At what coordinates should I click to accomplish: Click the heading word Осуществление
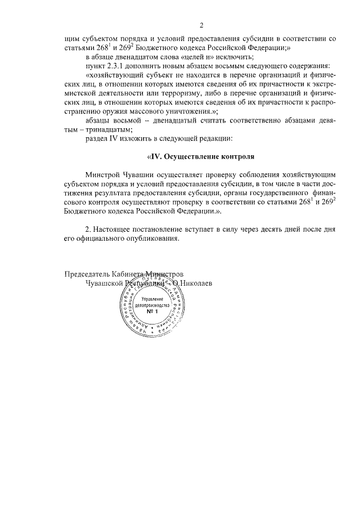193,156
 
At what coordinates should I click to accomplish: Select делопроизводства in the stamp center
153,304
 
